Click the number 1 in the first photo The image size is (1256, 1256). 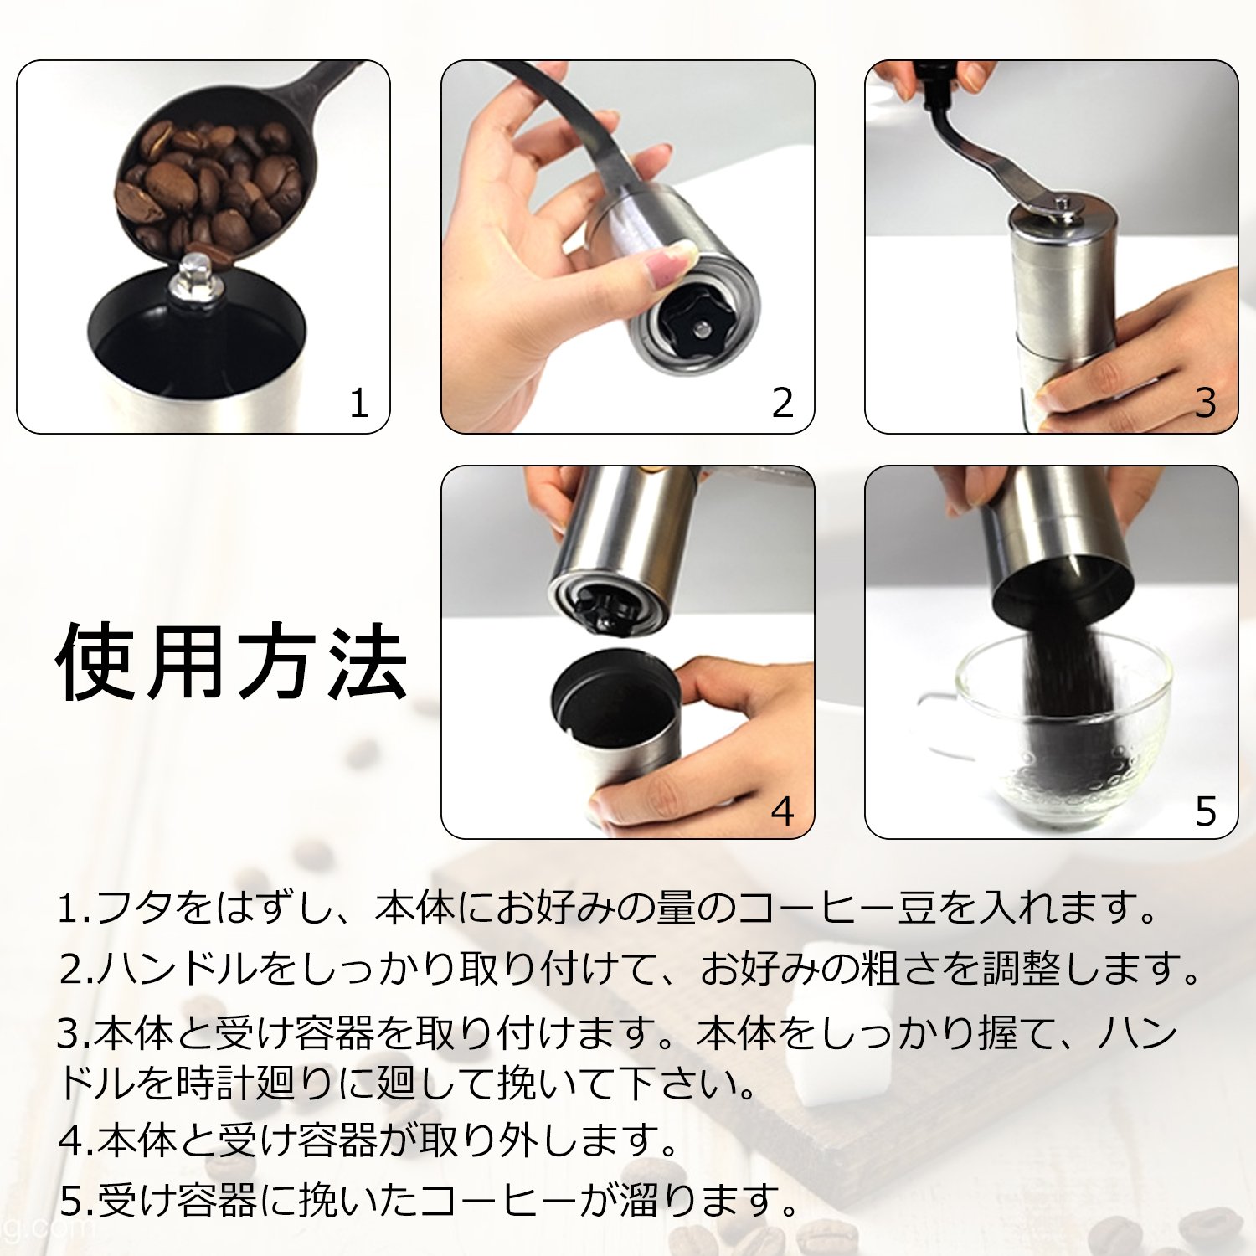point(358,403)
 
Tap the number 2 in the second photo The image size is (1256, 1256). point(782,403)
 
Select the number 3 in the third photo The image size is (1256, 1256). point(1206,403)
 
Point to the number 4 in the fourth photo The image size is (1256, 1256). point(782,811)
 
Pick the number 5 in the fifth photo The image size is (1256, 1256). point(1206,811)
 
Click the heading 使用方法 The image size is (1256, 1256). point(232,661)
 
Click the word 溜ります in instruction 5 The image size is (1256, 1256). point(709,1200)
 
